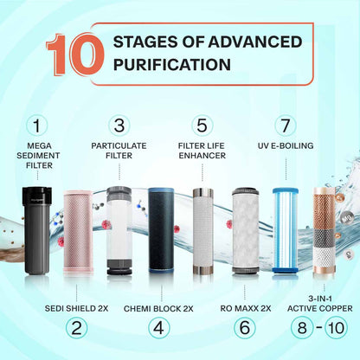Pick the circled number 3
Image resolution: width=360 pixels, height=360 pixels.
[x=119, y=126]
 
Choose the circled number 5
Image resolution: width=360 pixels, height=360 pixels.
[x=202, y=126]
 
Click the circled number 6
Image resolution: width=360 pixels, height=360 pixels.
[x=243, y=327]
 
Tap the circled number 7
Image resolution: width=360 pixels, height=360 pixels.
[x=285, y=126]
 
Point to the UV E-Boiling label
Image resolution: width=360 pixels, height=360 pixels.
[x=285, y=145]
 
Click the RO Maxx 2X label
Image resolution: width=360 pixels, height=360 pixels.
[x=244, y=306]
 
